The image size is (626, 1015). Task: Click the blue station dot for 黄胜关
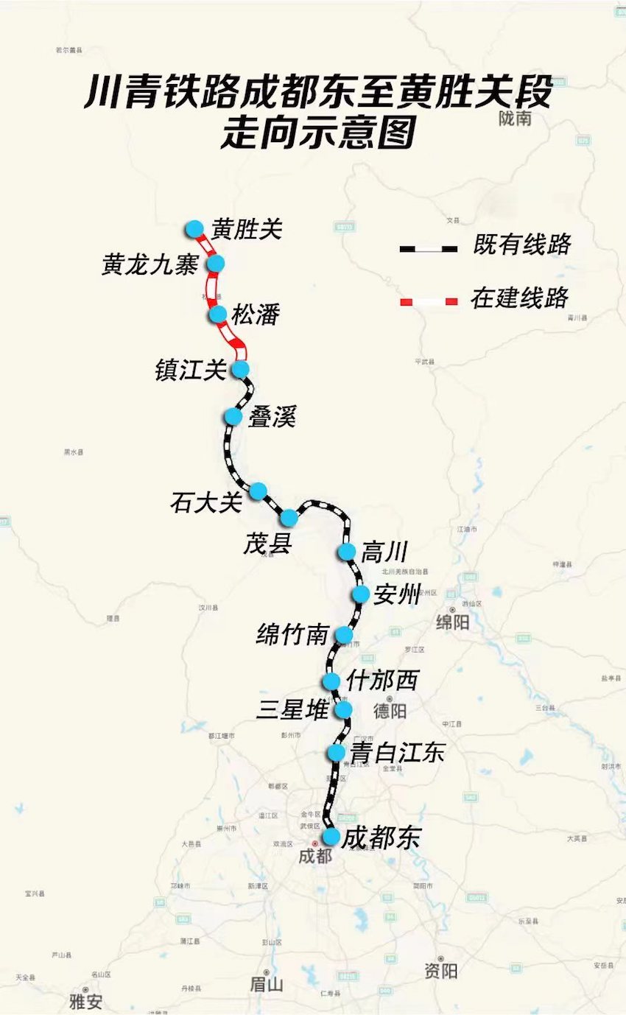(194, 228)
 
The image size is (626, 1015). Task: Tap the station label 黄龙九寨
(150, 265)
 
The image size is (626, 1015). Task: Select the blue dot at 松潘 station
(218, 315)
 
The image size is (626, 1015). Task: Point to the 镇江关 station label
(190, 370)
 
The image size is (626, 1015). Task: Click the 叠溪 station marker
(233, 416)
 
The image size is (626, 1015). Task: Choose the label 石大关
(205, 503)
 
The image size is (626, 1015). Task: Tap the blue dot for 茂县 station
(289, 517)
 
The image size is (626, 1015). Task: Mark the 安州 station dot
(360, 594)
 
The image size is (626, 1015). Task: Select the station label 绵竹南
(292, 634)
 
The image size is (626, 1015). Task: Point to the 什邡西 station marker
(331, 681)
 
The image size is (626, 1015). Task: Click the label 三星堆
(292, 711)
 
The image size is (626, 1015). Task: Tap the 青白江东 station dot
(337, 752)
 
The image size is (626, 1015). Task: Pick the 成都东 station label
(381, 837)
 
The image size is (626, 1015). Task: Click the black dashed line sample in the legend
(428, 248)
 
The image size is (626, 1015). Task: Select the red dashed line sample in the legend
(428, 301)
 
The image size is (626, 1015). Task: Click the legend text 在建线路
(520, 298)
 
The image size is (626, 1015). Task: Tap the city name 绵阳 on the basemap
(453, 622)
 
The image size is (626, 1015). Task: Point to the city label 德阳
(390, 711)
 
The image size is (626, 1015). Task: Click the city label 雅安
(86, 1002)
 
